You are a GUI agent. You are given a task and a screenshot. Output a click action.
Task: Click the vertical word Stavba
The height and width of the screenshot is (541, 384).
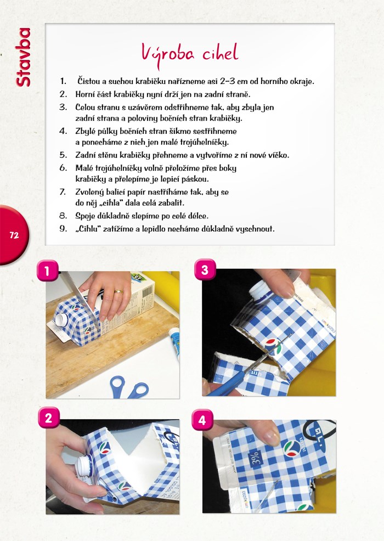[x=23, y=57]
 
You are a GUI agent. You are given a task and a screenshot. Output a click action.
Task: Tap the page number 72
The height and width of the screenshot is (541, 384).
[x=14, y=235]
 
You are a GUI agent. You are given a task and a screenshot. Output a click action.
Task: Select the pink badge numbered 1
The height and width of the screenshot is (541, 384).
[x=47, y=271]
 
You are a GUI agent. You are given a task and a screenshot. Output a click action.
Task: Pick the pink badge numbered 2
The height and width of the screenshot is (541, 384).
[x=48, y=418]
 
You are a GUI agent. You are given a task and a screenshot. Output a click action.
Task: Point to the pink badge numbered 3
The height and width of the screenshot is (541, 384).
[x=205, y=269]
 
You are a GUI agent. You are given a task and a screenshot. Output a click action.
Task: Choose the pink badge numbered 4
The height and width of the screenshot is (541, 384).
[x=202, y=420]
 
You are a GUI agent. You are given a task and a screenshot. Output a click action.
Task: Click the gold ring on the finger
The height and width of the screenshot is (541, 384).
[x=118, y=291]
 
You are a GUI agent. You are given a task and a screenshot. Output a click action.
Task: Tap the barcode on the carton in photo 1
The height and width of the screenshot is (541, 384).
[x=148, y=292]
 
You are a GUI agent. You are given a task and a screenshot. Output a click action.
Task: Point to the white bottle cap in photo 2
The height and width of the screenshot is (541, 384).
[x=84, y=465]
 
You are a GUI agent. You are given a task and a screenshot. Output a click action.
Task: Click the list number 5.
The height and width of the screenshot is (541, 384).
[x=63, y=155]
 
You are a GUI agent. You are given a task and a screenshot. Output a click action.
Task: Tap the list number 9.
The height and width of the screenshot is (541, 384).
[x=63, y=228]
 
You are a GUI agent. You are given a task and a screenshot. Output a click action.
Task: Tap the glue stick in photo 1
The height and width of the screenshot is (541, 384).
[x=174, y=345]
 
